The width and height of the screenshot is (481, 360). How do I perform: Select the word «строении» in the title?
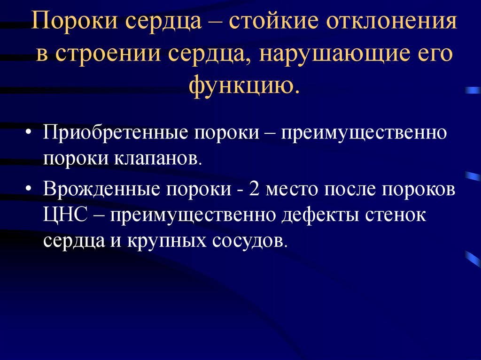pyautogui.click(x=108, y=54)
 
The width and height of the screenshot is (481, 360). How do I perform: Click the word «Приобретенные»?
pyautogui.click(x=116, y=132)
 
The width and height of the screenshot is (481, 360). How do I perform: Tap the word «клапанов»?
pyautogui.click(x=158, y=159)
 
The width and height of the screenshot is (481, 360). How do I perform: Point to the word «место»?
pyautogui.click(x=292, y=189)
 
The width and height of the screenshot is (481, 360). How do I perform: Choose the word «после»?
pyautogui.click(x=350, y=189)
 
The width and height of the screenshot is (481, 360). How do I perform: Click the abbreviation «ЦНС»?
pyautogui.click(x=65, y=214)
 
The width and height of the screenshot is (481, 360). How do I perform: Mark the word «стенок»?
pyautogui.click(x=396, y=215)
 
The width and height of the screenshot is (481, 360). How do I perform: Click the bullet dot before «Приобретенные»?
pyautogui.click(x=29, y=132)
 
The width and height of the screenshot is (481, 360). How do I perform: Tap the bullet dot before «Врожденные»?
pyautogui.click(x=29, y=188)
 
